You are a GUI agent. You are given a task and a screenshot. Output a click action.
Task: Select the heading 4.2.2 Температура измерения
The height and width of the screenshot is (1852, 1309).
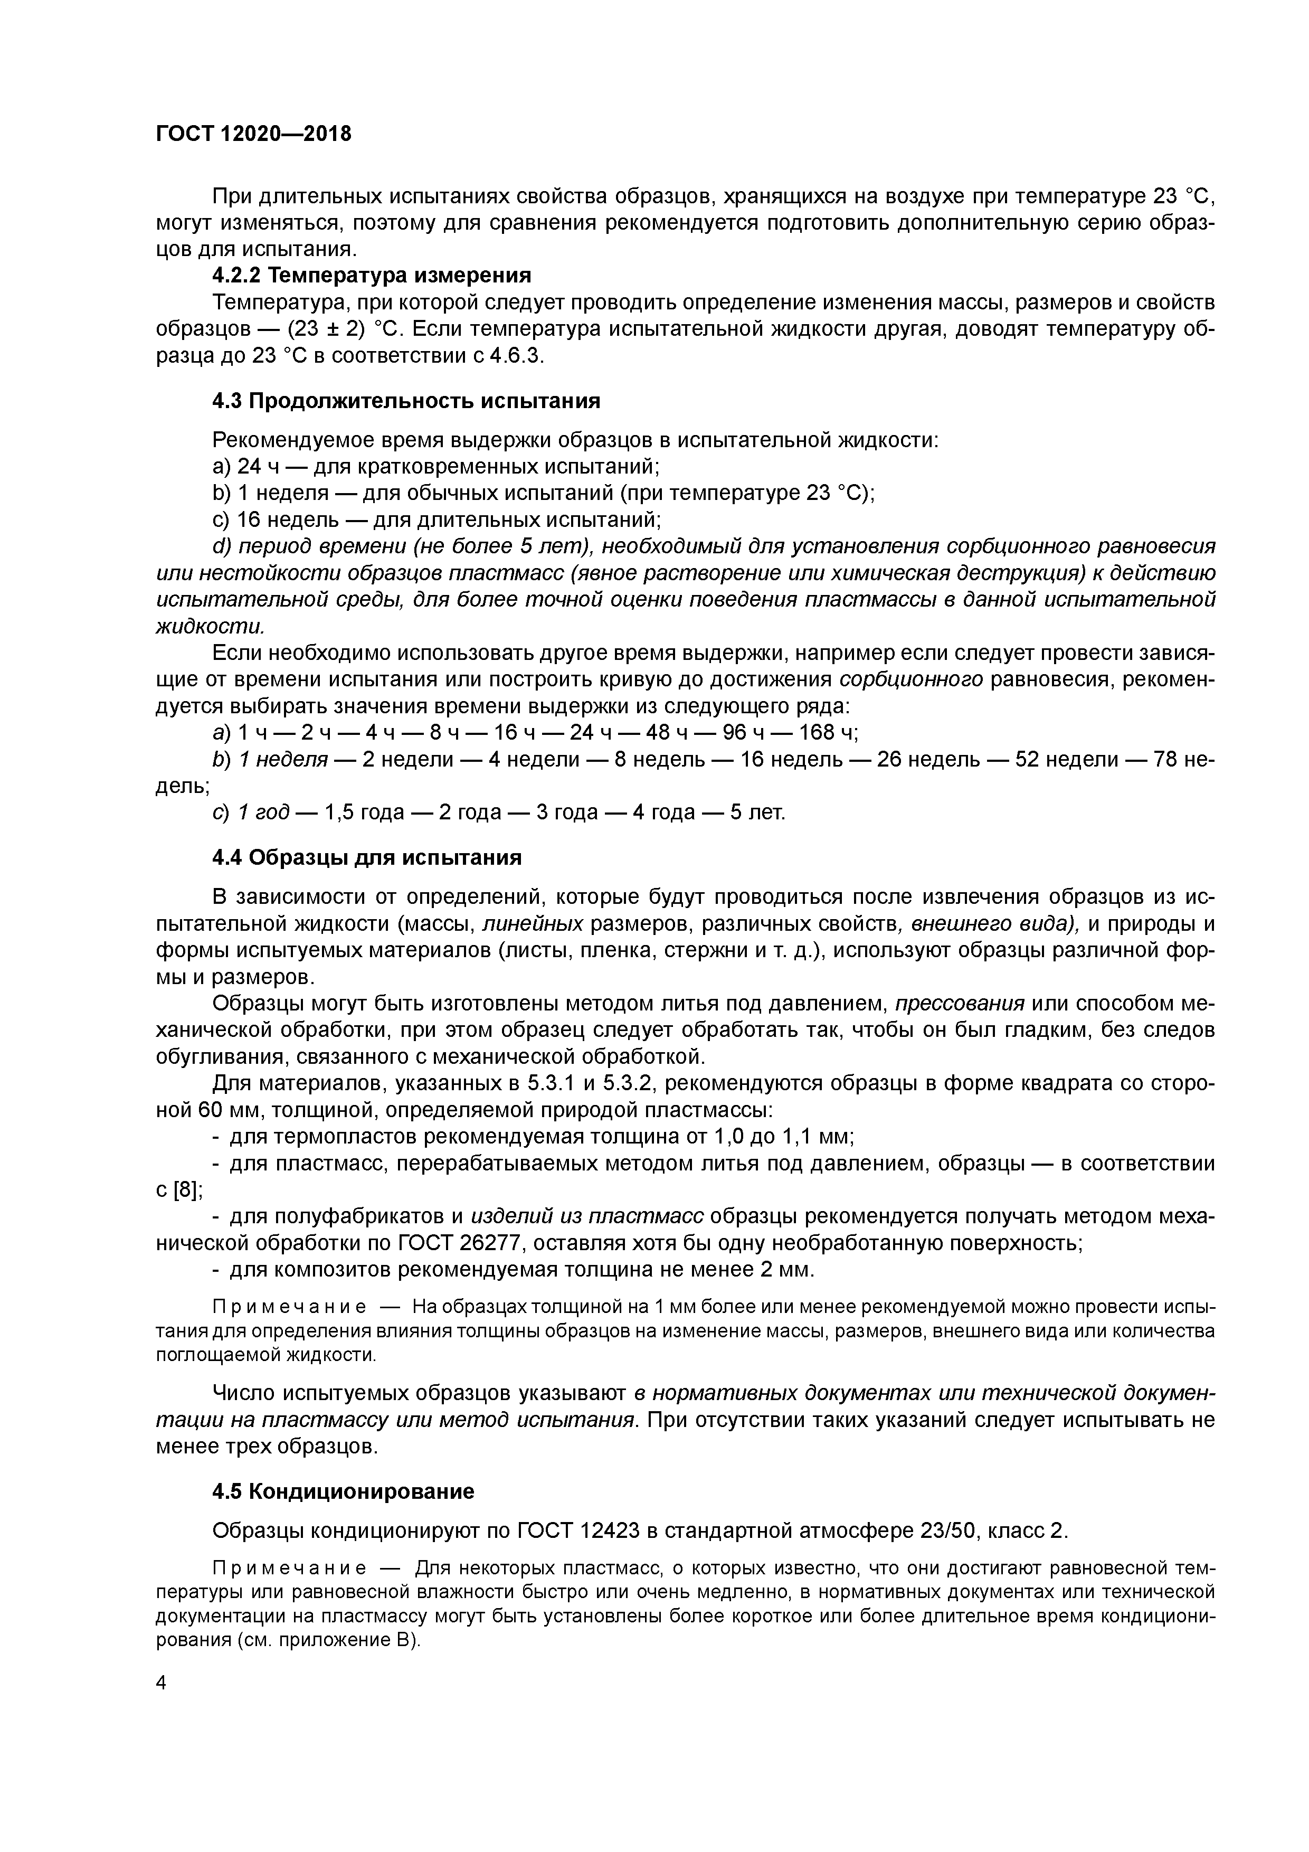click(x=372, y=276)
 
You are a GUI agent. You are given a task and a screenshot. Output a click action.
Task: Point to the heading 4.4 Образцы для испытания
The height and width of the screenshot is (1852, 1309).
click(x=367, y=857)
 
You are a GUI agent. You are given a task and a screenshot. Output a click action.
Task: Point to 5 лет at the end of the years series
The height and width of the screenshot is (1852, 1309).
click(x=756, y=811)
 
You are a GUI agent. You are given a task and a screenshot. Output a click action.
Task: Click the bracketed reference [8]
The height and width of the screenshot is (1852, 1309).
click(x=185, y=1190)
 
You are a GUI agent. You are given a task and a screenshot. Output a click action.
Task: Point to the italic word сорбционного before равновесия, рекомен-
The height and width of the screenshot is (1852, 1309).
click(x=912, y=680)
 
